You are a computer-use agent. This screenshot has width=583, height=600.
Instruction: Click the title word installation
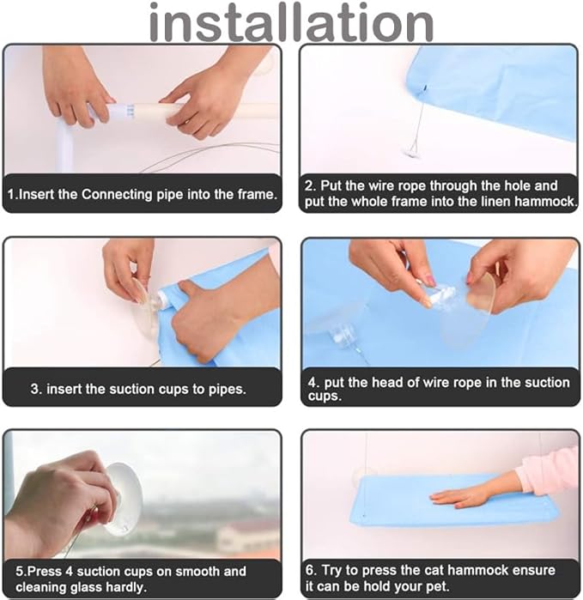click(291, 23)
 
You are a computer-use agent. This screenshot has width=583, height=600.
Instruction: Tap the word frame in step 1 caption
click(257, 194)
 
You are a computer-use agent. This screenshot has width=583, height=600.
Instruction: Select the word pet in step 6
click(439, 586)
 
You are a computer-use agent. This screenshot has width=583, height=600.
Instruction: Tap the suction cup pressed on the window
click(123, 499)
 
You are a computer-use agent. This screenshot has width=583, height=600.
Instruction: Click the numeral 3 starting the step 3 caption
click(35, 389)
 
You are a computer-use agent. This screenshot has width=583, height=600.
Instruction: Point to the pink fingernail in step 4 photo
click(431, 282)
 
